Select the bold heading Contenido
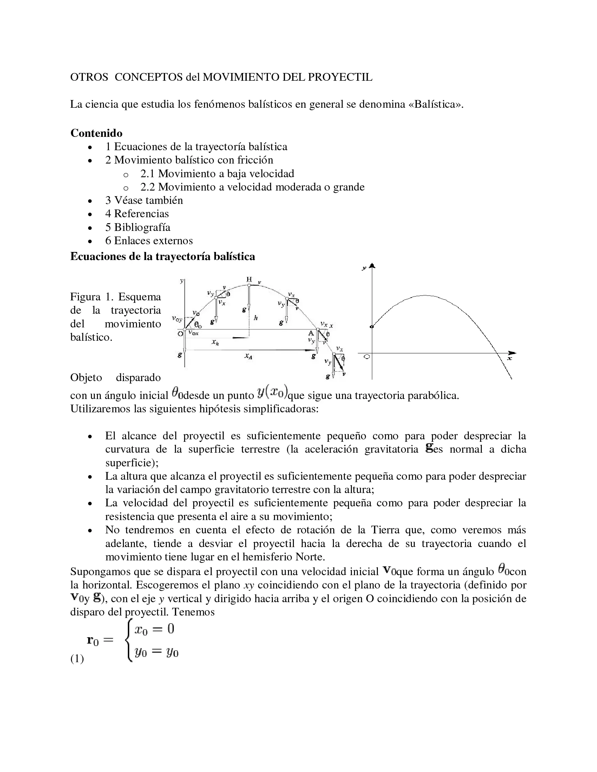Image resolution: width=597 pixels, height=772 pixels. (x=96, y=133)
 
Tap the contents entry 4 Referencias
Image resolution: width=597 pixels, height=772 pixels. (x=137, y=213)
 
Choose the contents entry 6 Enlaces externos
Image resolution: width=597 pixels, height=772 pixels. (x=149, y=241)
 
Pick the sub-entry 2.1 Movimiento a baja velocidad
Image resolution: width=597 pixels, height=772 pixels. (x=217, y=174)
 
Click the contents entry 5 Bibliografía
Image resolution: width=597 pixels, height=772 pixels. (x=138, y=227)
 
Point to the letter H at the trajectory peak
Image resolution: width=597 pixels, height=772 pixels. (x=249, y=280)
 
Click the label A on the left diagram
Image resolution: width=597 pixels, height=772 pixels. (x=311, y=333)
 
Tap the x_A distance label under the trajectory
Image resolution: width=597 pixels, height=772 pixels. (x=248, y=357)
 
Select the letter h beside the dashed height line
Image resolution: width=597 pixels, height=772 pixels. (x=255, y=318)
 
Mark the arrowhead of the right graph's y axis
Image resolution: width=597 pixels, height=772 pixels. (x=372, y=266)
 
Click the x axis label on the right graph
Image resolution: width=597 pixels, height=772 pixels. (x=510, y=358)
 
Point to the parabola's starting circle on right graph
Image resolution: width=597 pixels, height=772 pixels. (x=372, y=327)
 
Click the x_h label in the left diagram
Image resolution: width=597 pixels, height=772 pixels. (x=215, y=342)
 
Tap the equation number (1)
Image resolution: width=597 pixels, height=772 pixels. (x=77, y=659)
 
